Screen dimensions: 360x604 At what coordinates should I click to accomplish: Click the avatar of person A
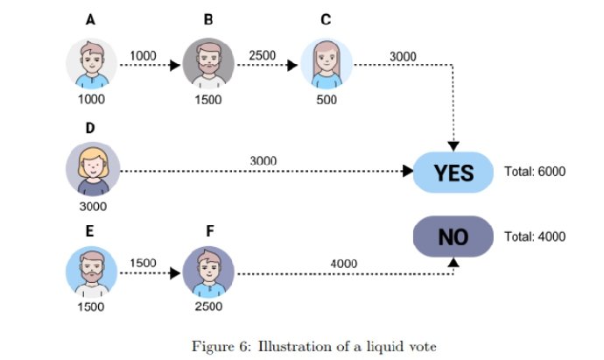[92, 63]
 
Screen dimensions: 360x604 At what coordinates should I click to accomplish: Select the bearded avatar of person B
[208, 63]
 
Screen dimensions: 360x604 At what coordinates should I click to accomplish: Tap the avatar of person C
[327, 63]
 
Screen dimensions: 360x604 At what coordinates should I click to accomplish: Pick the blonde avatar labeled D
[92, 169]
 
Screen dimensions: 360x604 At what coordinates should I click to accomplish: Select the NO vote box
[453, 236]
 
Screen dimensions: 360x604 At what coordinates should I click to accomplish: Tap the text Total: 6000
[535, 172]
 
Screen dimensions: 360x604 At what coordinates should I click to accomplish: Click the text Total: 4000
[535, 236]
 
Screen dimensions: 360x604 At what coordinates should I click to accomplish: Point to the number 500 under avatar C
[326, 99]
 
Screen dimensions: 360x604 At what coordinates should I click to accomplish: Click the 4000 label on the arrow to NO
[343, 262]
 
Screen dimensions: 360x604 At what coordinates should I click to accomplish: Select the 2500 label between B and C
[262, 56]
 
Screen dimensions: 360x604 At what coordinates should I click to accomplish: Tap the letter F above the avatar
[208, 233]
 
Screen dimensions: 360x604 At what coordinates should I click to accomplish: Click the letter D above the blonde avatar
[90, 128]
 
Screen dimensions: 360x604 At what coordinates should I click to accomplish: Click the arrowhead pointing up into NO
[453, 261]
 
